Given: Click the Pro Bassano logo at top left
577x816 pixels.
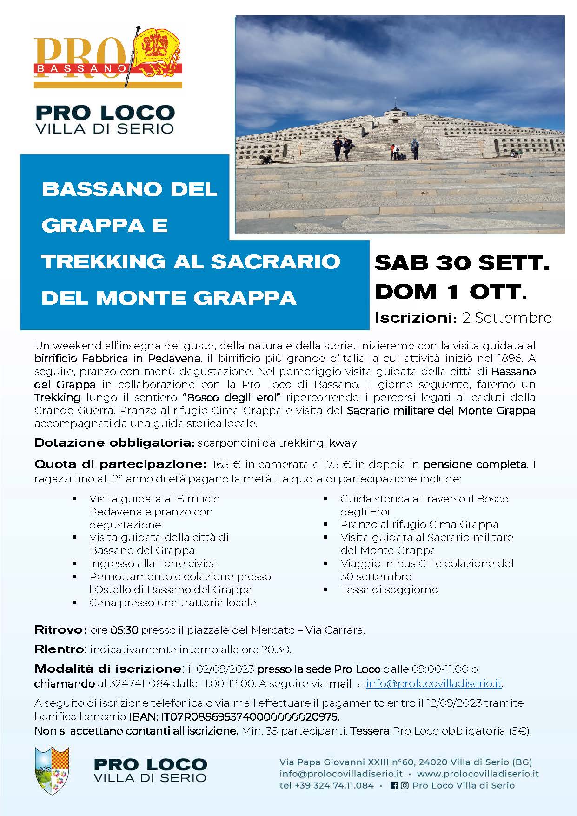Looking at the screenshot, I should pyautogui.click(x=108, y=58).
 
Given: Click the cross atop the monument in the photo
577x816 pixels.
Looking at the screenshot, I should pyautogui.click(x=393, y=103).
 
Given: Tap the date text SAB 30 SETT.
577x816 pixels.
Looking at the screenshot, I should pyautogui.click(x=462, y=263).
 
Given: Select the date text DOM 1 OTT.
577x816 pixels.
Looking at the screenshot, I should pyautogui.click(x=451, y=292).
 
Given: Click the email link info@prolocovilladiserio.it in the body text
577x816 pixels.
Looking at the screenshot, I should pyautogui.click(x=434, y=683).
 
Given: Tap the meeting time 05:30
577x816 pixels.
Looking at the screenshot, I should pyautogui.click(x=124, y=630).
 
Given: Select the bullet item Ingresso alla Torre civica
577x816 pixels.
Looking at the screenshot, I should pyautogui.click(x=153, y=563).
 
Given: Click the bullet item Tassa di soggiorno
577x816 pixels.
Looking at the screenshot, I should pyautogui.click(x=389, y=589).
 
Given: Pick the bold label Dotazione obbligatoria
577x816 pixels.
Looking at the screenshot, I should pyautogui.click(x=114, y=442).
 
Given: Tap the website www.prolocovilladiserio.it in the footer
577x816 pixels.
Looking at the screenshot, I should pyautogui.click(x=478, y=774).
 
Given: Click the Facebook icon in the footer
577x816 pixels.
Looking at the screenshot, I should pyautogui.click(x=394, y=785).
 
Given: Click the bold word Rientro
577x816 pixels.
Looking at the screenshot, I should pyautogui.click(x=60, y=649).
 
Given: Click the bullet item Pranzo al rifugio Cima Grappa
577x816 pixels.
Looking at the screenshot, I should pyautogui.click(x=419, y=524).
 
